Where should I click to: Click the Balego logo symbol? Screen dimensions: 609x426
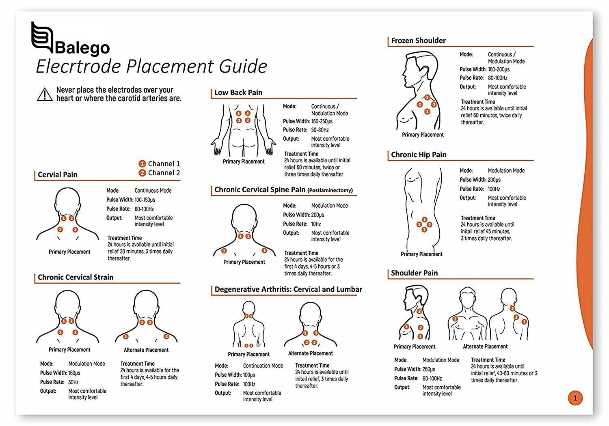tap(42, 37)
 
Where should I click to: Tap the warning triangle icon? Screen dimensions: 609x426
tap(45, 95)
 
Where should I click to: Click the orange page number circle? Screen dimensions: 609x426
tap(575, 398)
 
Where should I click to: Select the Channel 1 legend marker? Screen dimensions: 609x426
tap(142, 164)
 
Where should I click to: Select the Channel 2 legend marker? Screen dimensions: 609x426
tap(142, 173)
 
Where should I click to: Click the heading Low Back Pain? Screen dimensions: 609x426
tap(238, 93)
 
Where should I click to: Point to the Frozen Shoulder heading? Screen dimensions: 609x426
tap(419, 41)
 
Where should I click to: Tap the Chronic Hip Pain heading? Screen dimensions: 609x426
tap(419, 155)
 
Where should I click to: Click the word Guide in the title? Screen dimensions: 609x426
tap(243, 66)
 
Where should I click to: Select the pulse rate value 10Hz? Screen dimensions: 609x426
tap(316, 224)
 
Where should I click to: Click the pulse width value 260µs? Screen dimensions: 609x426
tap(429, 369)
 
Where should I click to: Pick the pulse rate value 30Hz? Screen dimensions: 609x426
tap(73, 382)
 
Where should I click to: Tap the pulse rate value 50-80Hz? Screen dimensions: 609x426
tap(320, 130)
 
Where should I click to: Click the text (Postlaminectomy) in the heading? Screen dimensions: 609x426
tap(330, 190)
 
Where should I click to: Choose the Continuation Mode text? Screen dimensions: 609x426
tap(263, 366)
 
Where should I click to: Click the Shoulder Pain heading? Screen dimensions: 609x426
tap(415, 273)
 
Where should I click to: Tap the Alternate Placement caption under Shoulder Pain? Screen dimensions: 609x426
tap(485, 346)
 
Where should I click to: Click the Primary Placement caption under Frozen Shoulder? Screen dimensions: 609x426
tap(423, 135)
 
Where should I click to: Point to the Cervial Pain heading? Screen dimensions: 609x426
tap(58, 175)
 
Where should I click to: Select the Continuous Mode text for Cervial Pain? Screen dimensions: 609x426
tap(153, 190)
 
